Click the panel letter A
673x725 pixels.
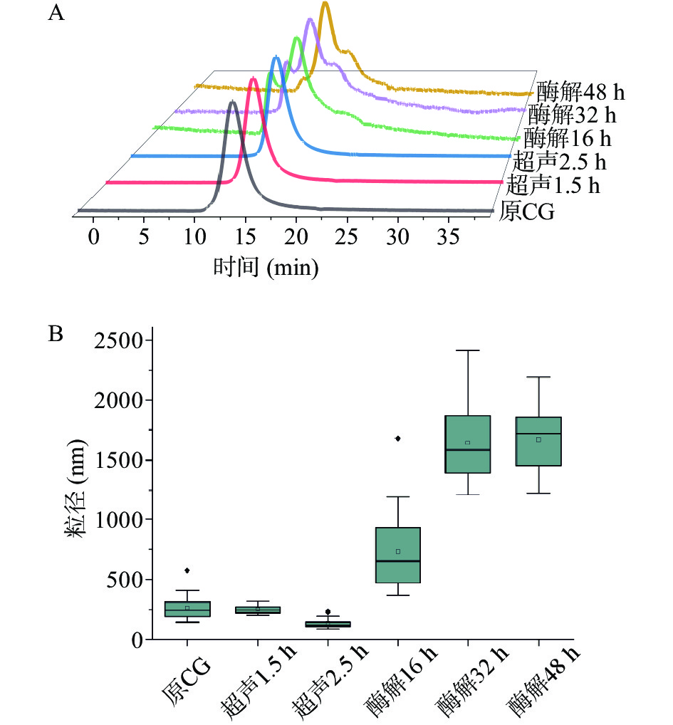coord(56,14)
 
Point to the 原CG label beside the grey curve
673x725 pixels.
coord(528,212)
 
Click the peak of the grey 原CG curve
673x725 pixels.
coord(232,103)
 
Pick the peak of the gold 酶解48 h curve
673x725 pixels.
coord(325,4)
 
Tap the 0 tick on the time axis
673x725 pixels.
coord(93,236)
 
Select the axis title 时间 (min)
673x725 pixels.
coord(265,267)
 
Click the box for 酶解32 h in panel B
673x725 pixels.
coord(468,444)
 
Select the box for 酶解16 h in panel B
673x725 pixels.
coord(398,555)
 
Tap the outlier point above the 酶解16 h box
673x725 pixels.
coord(398,439)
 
